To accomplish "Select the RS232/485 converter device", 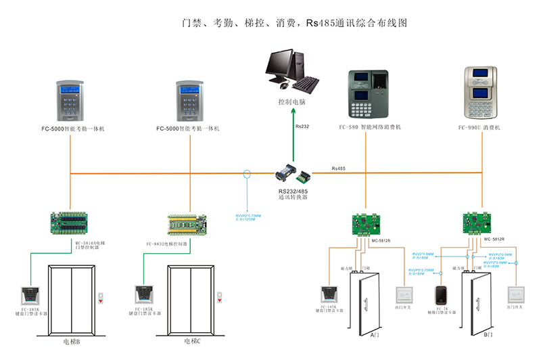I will [292, 174].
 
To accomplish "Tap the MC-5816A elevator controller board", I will [74, 224].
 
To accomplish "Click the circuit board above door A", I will [365, 223].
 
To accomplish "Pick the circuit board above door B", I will [477, 223].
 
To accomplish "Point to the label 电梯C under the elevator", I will [192, 342].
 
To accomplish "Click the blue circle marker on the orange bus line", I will [247, 175].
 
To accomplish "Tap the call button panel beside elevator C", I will [218, 297].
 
